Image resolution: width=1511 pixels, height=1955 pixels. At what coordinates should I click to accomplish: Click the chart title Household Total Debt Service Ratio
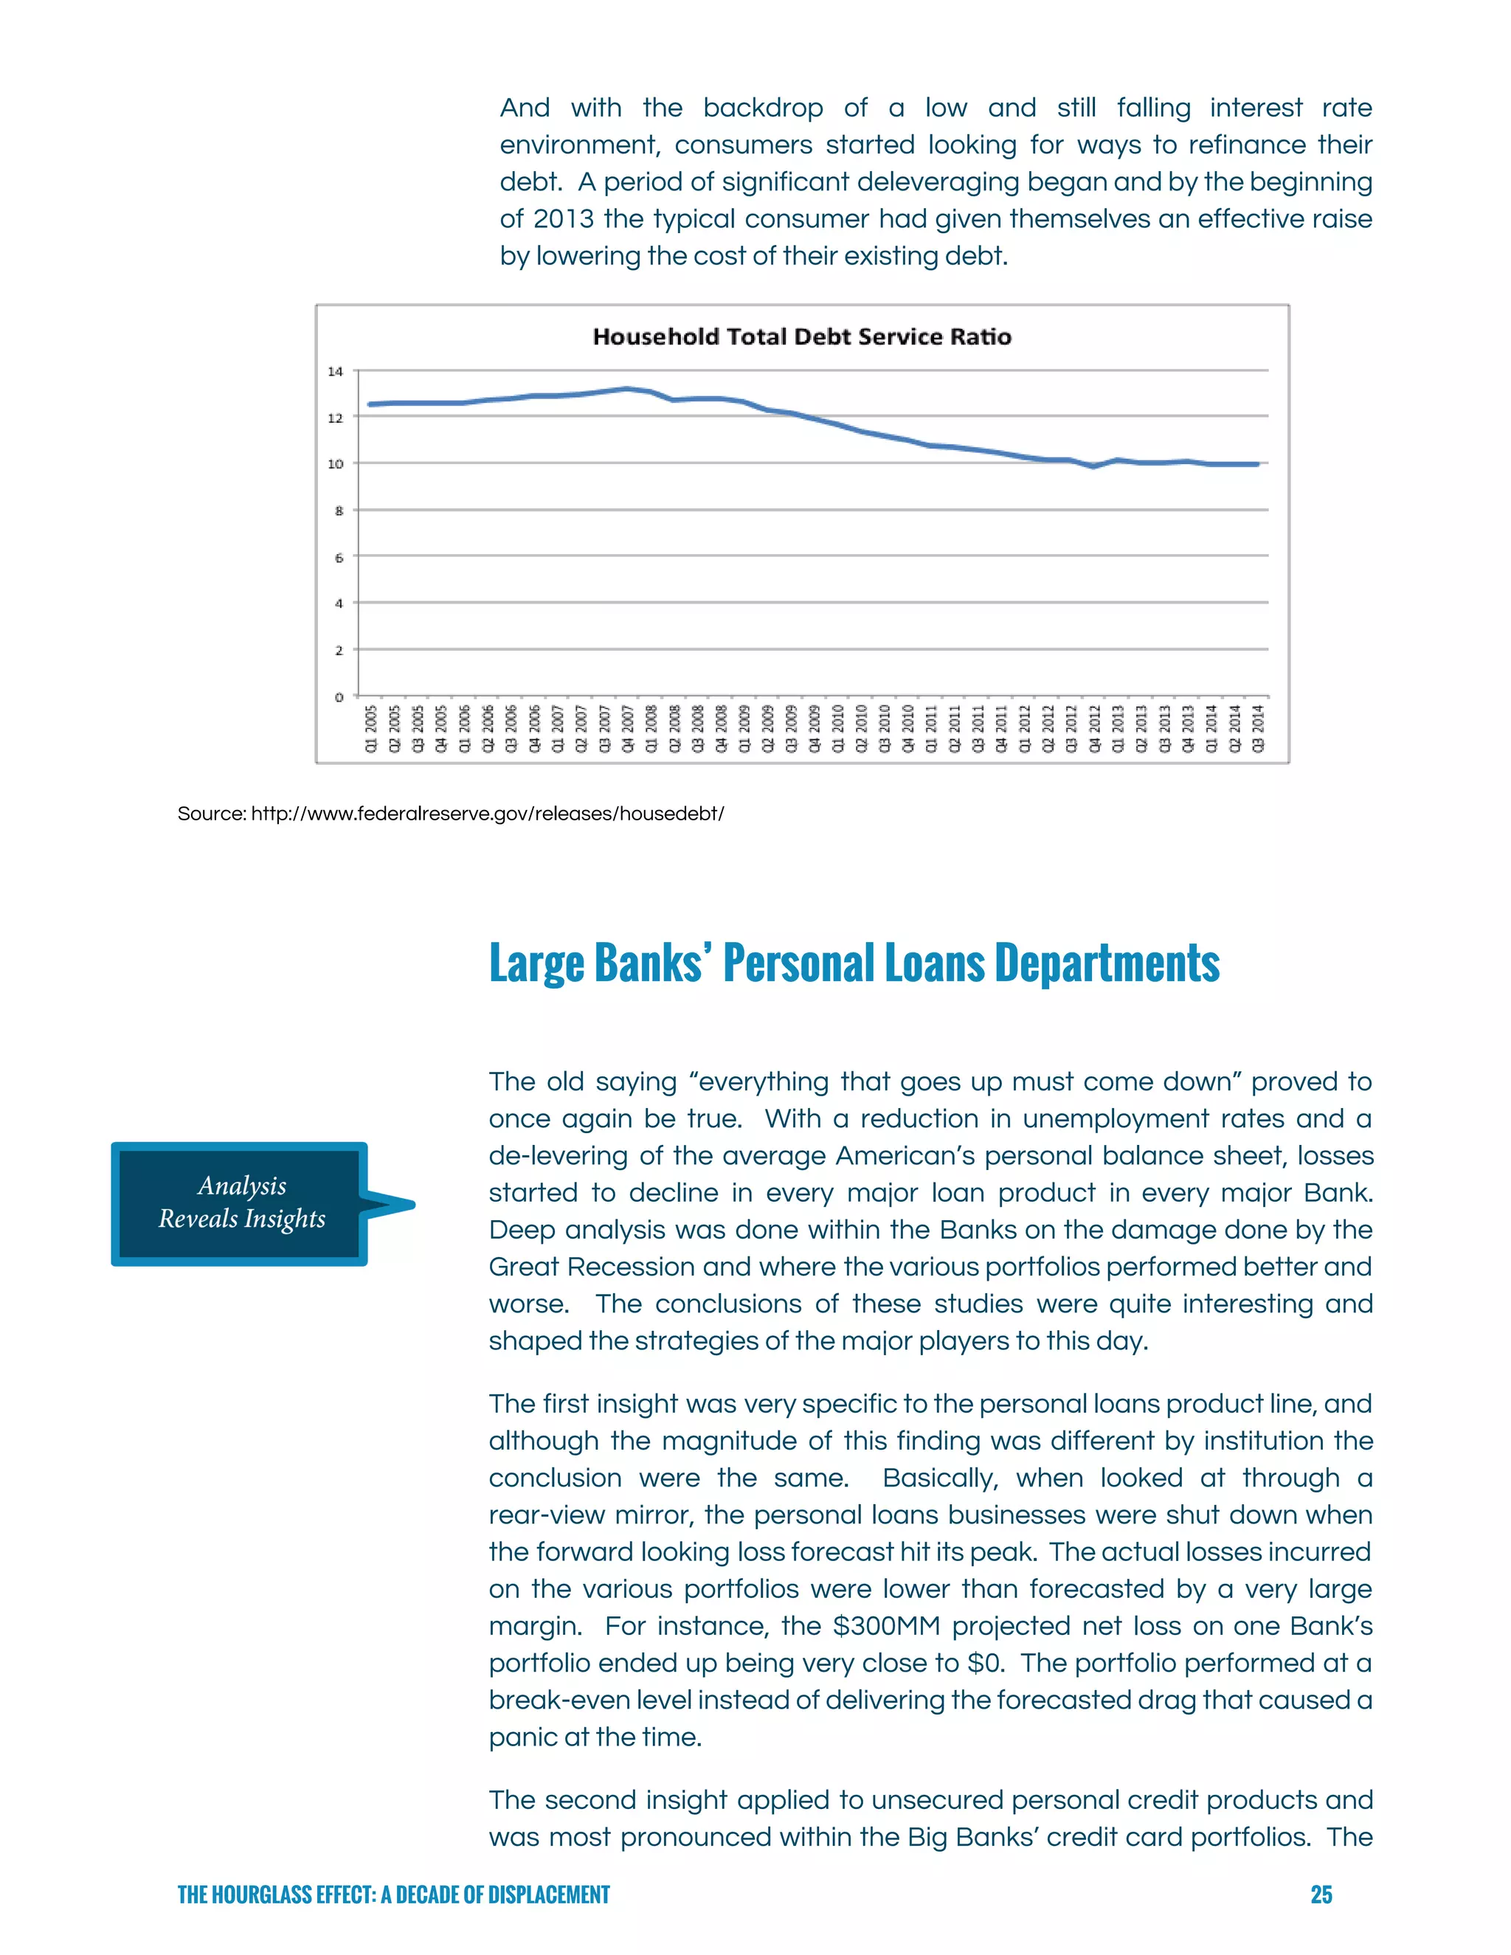coord(802,336)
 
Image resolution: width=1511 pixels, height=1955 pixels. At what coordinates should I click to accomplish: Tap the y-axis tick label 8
coord(339,511)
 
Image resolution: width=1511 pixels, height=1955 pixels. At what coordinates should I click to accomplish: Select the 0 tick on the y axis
coord(339,697)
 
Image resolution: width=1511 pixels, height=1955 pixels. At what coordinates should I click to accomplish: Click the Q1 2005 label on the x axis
coord(370,727)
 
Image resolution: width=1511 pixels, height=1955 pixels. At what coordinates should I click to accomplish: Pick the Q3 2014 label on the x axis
coord(1258,727)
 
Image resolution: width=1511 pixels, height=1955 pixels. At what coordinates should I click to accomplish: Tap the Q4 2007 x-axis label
coord(628,727)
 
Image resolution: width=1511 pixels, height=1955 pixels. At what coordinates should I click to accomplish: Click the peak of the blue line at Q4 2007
coord(628,389)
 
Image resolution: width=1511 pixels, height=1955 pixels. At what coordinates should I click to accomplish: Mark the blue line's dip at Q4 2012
coord(1094,466)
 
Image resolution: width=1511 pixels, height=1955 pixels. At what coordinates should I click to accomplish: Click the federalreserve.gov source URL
coord(487,814)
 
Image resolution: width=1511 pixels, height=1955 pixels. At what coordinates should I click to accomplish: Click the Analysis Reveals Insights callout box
coord(241,1203)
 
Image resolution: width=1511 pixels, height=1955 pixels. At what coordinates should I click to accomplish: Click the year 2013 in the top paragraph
coord(563,219)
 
